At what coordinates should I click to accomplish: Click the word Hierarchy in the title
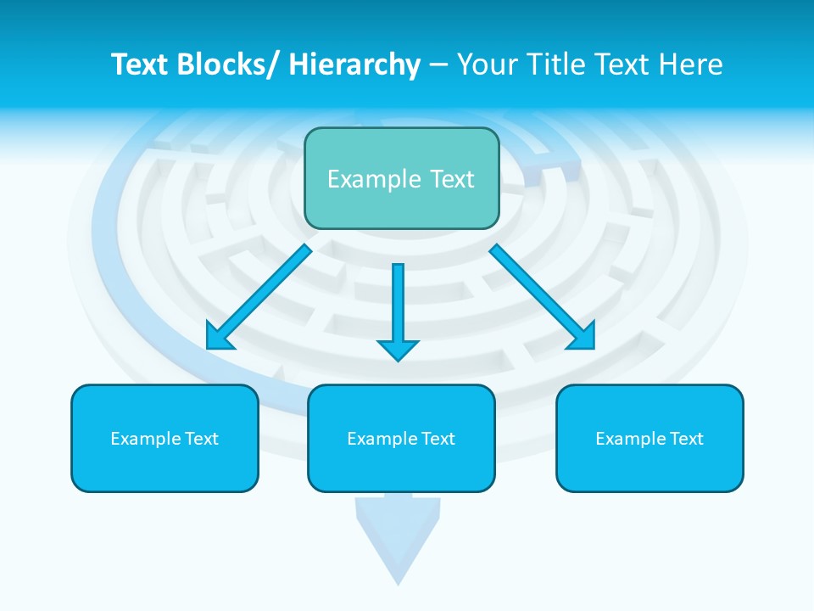(x=354, y=64)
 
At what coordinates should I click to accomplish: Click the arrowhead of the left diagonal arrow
(x=220, y=337)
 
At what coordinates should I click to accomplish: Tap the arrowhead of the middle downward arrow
(x=398, y=349)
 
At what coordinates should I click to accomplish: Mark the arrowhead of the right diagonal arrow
(x=582, y=336)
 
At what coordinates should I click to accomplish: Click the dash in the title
(x=438, y=64)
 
